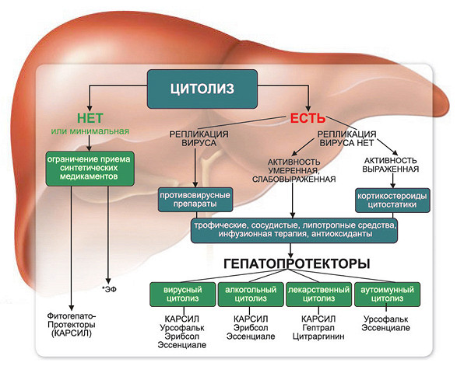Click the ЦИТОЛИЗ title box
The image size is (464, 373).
(x=202, y=89)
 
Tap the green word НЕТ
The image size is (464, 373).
(x=90, y=118)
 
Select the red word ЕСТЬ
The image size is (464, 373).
(x=308, y=118)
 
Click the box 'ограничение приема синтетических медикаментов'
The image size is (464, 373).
(x=90, y=169)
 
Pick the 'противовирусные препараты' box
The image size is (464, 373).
(x=195, y=200)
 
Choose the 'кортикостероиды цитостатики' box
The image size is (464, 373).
(x=392, y=200)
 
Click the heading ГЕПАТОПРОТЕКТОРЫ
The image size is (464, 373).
(x=297, y=263)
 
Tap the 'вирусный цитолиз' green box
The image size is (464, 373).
(x=183, y=295)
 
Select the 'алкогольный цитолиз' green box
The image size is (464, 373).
(x=251, y=295)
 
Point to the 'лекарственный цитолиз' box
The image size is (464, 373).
(x=319, y=295)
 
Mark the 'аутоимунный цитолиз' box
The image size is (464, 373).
(x=387, y=295)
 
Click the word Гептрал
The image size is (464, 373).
(x=318, y=328)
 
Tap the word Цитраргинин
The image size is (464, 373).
(x=318, y=336)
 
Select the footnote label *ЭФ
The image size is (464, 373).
(x=109, y=289)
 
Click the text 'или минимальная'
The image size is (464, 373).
(x=90, y=131)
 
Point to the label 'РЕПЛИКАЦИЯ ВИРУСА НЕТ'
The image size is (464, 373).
(x=346, y=138)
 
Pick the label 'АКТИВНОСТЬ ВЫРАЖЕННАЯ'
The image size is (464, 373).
(x=391, y=165)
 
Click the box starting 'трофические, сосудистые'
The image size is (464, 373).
(x=294, y=230)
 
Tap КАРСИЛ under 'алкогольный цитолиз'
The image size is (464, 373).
(x=251, y=319)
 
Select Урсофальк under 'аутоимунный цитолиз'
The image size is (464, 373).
(x=386, y=319)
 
